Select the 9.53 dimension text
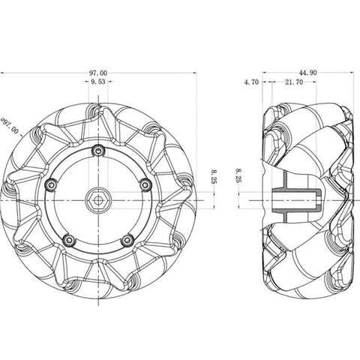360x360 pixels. tap(97, 82)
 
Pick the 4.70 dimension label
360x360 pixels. tap(252, 82)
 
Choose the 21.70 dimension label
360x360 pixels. tap(294, 82)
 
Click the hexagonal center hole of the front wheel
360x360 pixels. tap(97, 198)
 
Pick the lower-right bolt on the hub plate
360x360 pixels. tap(127, 239)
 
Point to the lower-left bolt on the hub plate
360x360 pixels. tap(68, 239)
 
